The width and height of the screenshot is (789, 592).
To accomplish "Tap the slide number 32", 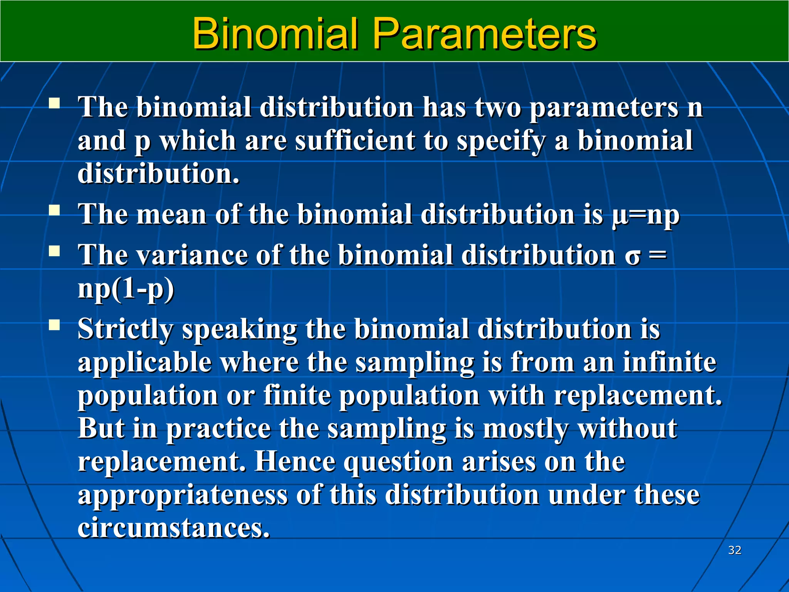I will coord(735,550).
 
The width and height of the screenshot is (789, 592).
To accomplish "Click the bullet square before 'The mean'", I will coord(54,210).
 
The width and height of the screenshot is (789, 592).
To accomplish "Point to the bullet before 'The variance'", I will coord(54,251).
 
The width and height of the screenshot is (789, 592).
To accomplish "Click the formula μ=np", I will coord(646,215).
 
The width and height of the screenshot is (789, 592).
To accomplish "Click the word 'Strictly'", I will coord(126,330).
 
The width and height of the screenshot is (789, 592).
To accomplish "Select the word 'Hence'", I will coord(295,461).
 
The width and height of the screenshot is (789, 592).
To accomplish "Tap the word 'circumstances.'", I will coord(174,528).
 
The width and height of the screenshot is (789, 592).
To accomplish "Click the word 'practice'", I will coord(218,429).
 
